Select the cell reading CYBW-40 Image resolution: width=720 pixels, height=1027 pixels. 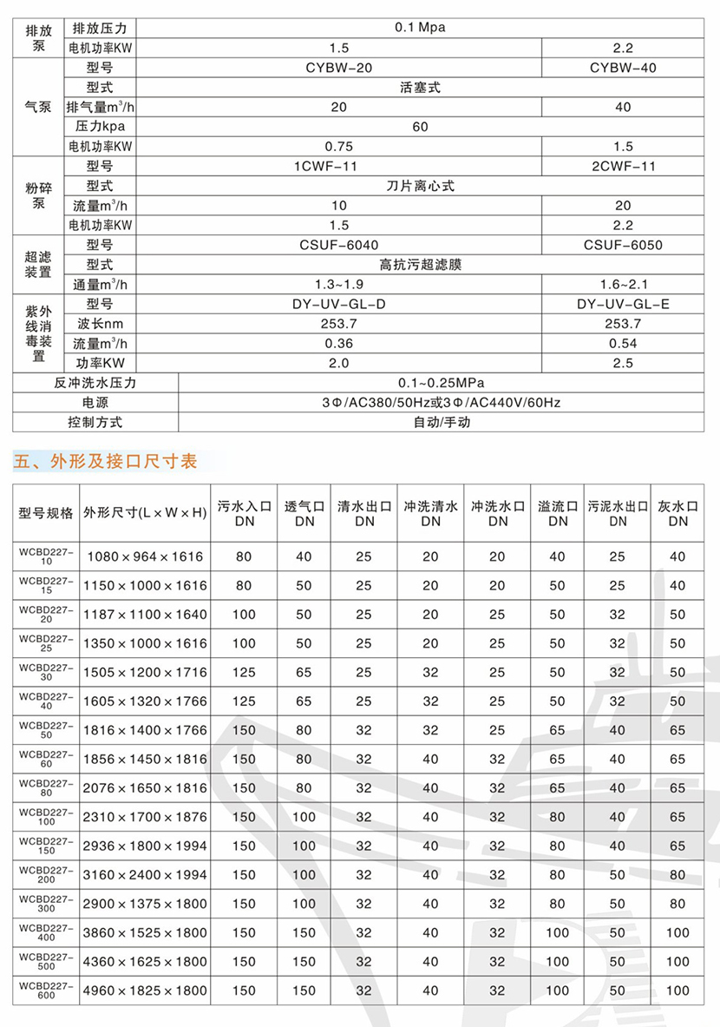point(623,67)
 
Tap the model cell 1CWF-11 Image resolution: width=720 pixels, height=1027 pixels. point(338,166)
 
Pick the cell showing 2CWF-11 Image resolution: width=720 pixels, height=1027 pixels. point(623,166)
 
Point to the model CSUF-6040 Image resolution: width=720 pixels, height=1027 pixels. point(338,245)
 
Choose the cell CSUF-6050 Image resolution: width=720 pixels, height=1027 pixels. point(623,245)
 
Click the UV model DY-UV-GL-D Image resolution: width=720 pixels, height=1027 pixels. point(338,304)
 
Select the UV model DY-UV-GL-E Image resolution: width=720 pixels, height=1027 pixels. point(623,304)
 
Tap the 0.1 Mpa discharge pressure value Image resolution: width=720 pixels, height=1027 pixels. point(419,27)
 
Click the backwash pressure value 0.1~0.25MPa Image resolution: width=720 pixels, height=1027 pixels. point(442,383)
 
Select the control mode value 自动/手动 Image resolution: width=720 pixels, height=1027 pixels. point(442,423)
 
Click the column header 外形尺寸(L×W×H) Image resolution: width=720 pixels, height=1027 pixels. point(145,512)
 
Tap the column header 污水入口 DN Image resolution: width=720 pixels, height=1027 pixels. point(244,512)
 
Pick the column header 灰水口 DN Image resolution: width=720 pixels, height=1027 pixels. point(677,512)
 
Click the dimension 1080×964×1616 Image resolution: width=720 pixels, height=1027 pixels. point(145,556)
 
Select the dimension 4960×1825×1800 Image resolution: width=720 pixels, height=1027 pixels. point(145,991)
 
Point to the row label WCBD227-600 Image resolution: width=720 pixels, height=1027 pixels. point(47,990)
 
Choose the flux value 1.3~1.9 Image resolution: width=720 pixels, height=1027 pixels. point(338,284)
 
